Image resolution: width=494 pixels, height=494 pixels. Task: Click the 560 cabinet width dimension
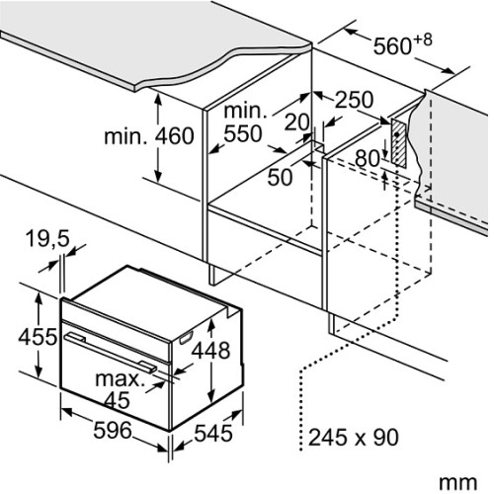[392, 45]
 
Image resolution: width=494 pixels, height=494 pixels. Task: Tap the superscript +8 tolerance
[423, 40]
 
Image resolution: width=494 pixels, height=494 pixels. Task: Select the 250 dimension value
[355, 100]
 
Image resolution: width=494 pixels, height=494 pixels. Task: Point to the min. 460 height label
[149, 136]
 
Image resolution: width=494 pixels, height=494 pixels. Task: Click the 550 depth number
[243, 133]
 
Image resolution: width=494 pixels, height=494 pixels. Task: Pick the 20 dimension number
[297, 122]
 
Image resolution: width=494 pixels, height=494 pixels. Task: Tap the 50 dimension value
[280, 177]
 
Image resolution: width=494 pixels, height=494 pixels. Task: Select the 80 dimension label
[368, 158]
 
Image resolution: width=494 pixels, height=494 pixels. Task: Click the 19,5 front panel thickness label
[48, 238]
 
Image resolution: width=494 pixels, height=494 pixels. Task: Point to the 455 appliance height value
[38, 337]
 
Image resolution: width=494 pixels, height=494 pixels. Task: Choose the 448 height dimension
[210, 350]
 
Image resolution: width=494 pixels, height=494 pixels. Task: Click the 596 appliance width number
[113, 430]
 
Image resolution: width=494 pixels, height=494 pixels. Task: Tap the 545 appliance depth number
[213, 433]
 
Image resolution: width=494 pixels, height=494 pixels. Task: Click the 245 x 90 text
[354, 437]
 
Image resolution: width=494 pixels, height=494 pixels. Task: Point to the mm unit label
[457, 483]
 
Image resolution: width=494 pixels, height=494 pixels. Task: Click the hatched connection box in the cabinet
[399, 142]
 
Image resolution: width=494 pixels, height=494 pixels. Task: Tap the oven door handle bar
[111, 353]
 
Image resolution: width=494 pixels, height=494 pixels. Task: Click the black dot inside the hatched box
[397, 134]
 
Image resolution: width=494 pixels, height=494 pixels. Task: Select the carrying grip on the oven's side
[186, 338]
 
